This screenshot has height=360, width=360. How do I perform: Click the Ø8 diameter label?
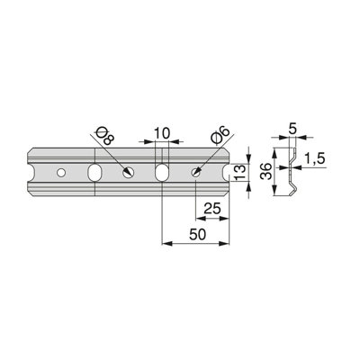click(x=105, y=135)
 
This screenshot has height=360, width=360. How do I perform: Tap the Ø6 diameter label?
click(x=221, y=134)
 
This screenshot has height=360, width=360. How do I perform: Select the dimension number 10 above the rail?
click(x=162, y=133)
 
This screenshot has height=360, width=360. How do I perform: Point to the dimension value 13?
click(x=240, y=173)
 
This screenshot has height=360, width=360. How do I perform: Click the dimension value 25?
click(x=212, y=208)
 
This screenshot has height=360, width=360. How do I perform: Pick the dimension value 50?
click(x=198, y=234)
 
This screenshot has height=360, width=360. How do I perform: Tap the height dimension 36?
click(x=266, y=171)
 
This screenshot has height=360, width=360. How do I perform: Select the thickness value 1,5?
click(x=314, y=158)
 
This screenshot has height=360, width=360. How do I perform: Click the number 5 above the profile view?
click(x=292, y=129)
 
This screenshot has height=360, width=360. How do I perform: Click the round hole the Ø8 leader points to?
click(x=129, y=173)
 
